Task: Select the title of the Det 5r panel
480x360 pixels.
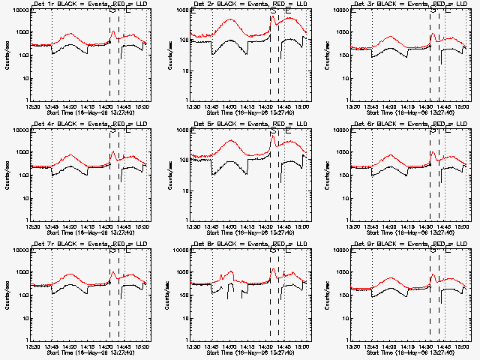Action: [x=241, y=125]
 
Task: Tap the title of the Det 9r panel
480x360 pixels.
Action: [x=401, y=245]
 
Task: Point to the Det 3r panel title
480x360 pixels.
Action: [x=401, y=5]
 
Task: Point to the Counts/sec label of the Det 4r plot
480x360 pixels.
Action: [x=6, y=175]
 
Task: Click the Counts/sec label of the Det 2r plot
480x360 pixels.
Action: [x=166, y=55]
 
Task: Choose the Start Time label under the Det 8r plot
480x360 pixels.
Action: [x=241, y=352]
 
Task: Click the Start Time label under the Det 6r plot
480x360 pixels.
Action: [x=401, y=232]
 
